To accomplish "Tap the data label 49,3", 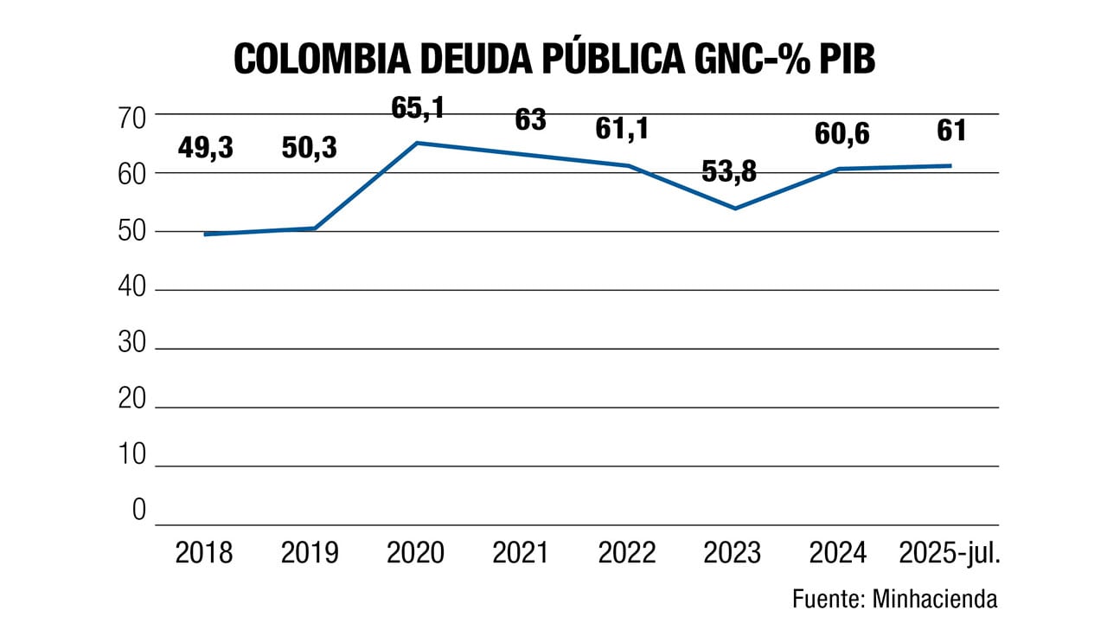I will coord(206,148).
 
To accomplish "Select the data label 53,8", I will coord(728,171).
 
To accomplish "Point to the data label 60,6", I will coord(841,134).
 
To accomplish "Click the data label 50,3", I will coord(310,148).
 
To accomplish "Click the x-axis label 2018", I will coord(204,552).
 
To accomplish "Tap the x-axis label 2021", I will coord(520,552).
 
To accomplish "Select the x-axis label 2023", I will coord(732,552).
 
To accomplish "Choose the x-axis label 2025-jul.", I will coord(950,552).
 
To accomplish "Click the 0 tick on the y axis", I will coord(138,511).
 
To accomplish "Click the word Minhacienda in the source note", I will coord(934,598).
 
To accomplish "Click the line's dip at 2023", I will coord(734,209).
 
